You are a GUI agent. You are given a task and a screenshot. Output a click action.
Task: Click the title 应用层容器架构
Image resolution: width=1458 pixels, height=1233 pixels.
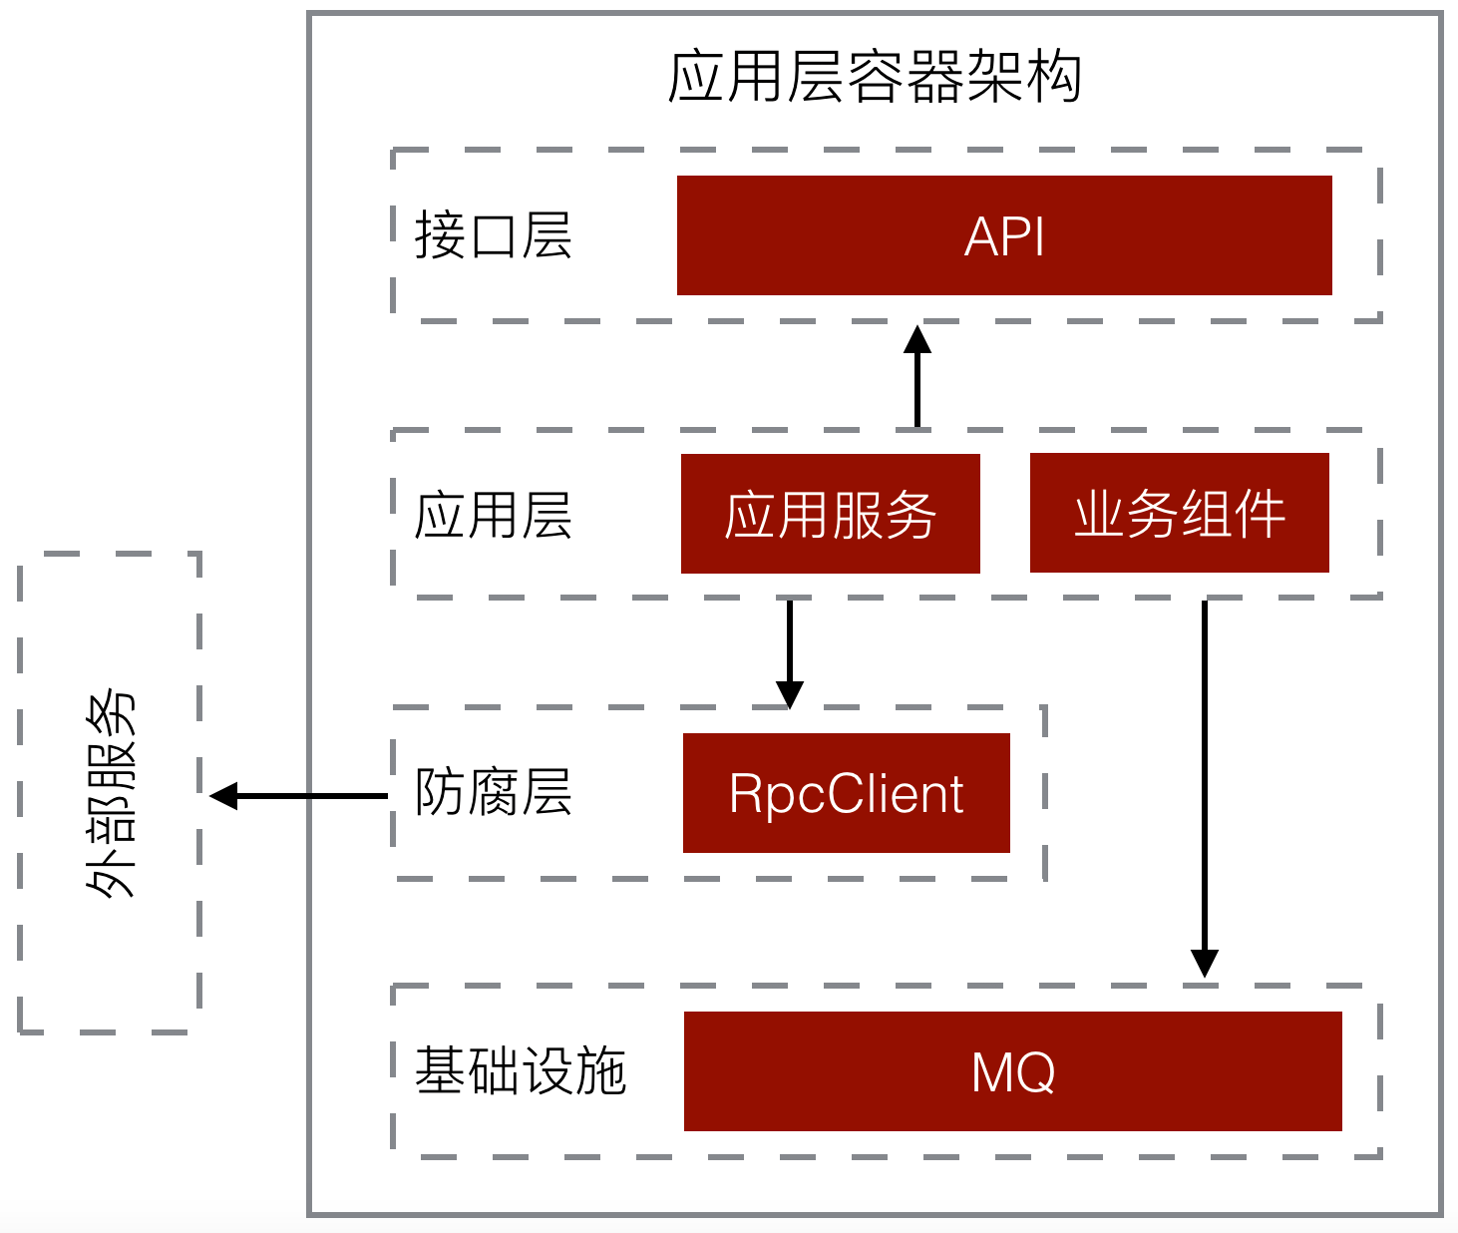point(875,77)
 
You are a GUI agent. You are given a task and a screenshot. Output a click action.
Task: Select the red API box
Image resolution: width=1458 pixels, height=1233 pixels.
point(1004,235)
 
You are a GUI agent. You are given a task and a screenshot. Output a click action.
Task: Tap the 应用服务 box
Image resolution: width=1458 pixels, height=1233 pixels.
point(830,514)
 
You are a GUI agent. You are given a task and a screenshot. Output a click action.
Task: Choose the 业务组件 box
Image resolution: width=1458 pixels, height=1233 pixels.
point(1179,513)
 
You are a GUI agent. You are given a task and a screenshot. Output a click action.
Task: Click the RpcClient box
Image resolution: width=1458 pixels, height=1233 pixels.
point(846,793)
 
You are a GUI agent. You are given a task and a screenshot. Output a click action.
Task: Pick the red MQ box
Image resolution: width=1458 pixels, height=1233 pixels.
point(1012,1071)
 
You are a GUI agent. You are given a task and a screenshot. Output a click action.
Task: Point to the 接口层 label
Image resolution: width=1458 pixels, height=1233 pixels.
point(493,236)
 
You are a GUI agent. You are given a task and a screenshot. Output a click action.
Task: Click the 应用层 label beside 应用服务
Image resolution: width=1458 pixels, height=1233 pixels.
point(493,516)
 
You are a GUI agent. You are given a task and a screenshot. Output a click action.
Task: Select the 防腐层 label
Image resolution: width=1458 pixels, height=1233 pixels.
point(493,793)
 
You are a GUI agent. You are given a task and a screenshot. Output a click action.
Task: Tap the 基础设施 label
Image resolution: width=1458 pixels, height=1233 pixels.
point(520,1071)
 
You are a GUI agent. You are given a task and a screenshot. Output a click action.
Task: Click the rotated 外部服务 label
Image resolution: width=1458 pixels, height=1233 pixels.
point(110,794)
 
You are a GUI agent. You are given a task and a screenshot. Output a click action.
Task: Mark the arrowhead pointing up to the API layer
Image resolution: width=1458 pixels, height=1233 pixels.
point(917,340)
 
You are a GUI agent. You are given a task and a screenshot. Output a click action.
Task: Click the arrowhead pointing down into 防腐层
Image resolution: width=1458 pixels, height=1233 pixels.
point(790,694)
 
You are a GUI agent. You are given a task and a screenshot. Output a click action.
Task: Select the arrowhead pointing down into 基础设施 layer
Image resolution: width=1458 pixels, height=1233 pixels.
point(1205,963)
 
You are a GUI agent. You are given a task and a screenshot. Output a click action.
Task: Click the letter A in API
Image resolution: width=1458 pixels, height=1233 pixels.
point(981,237)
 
